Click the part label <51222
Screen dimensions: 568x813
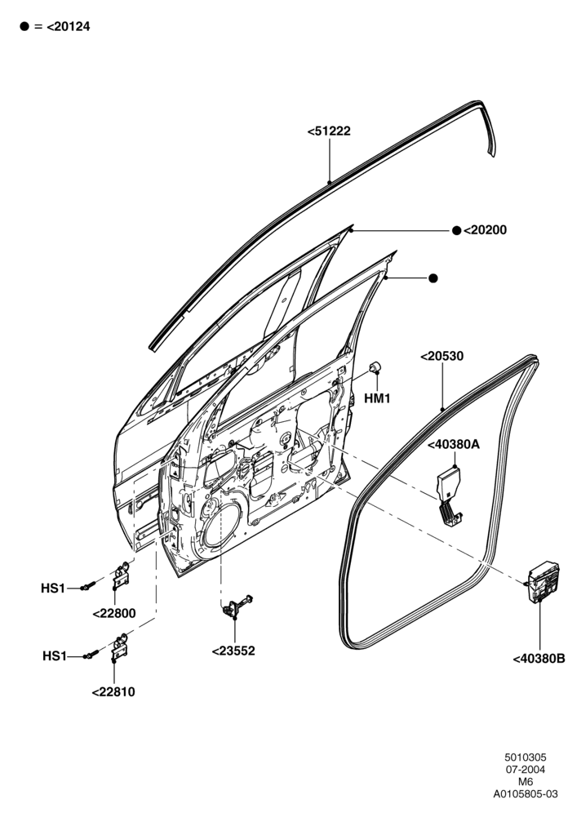(329, 131)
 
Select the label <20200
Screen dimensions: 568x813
(485, 229)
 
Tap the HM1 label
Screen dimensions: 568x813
(377, 398)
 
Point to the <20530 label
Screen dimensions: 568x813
(442, 357)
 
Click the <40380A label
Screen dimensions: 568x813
(454, 444)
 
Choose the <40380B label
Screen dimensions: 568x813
(539, 659)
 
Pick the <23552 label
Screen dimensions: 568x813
(233, 651)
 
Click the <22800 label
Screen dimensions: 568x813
(114, 613)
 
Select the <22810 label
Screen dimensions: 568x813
(113, 692)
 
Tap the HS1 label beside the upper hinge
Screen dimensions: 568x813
(53, 589)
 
